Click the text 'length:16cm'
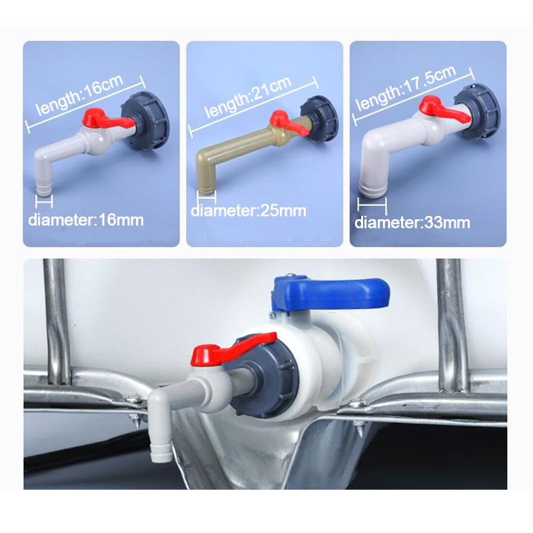(x=79, y=95)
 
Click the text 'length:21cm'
(x=248, y=97)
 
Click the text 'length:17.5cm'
(x=406, y=88)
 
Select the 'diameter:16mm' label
(x=86, y=221)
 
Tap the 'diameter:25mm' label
(x=249, y=211)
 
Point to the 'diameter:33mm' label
(x=412, y=223)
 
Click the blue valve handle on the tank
(x=330, y=293)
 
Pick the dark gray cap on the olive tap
(x=320, y=119)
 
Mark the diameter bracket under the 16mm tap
(x=44, y=201)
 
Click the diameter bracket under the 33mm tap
(x=372, y=205)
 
